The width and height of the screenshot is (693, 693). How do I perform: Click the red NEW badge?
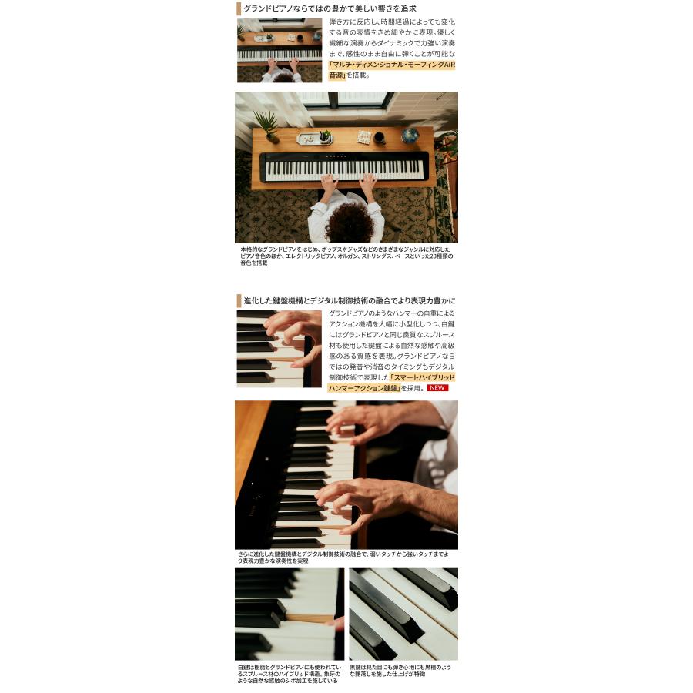(x=438, y=388)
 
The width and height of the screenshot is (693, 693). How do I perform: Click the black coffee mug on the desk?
(x=380, y=139)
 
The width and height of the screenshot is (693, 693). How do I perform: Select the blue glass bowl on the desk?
(x=410, y=136)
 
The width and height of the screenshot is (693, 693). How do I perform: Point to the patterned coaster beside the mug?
(x=363, y=137)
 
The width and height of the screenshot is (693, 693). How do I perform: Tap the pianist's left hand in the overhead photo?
(x=330, y=183)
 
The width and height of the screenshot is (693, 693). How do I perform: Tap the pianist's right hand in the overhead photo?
(x=368, y=183)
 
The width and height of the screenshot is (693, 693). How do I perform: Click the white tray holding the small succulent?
(x=312, y=139)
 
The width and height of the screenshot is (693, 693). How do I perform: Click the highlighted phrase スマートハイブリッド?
(x=423, y=378)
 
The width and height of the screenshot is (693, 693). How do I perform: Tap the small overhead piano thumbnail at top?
(x=279, y=51)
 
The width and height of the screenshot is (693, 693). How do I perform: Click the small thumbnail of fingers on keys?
(x=279, y=349)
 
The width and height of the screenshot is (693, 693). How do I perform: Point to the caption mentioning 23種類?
(x=346, y=256)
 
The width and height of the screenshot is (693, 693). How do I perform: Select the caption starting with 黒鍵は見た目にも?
(x=400, y=670)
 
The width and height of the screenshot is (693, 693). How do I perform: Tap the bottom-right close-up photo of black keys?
(x=403, y=614)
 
